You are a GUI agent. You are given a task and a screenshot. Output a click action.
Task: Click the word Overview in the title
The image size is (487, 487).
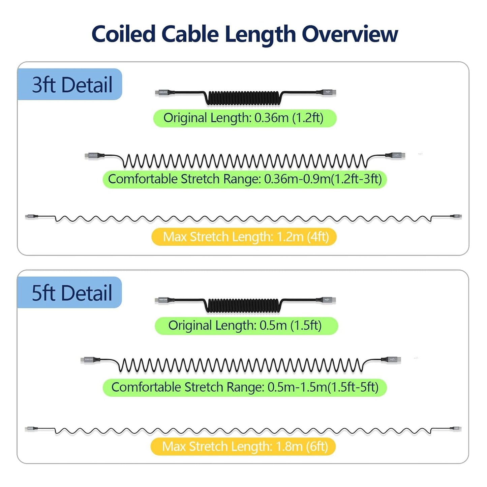(x=349, y=34)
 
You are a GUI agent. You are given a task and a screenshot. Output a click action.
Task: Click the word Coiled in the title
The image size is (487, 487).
(x=123, y=34)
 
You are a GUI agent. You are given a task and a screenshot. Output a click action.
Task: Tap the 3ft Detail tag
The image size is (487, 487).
(x=71, y=85)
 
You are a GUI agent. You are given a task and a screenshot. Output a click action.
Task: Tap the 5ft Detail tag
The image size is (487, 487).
(x=71, y=293)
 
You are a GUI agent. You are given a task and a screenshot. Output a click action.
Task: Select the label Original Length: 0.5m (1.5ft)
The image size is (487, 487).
(x=246, y=326)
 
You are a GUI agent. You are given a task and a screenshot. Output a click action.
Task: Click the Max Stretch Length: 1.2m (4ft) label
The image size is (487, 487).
(x=245, y=237)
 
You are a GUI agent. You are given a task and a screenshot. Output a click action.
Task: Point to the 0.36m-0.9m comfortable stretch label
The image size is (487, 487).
(x=245, y=179)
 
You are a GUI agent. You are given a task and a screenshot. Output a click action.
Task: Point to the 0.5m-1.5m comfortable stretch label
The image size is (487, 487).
(x=245, y=387)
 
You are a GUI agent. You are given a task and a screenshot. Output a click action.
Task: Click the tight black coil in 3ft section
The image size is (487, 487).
(x=243, y=97)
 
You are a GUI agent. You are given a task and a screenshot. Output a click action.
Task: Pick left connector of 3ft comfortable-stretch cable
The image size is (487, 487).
(x=92, y=155)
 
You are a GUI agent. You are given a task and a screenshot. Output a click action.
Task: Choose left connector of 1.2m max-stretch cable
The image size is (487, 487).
(x=31, y=216)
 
